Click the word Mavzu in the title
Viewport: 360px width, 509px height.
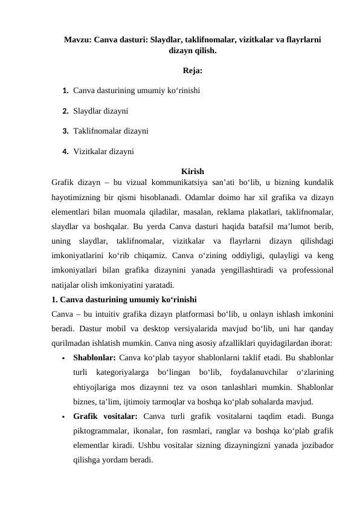coord(78,40)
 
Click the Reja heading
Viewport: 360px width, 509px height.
coord(192,71)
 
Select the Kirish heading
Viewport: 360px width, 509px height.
coord(192,172)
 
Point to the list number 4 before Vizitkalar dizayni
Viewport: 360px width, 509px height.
coord(65,151)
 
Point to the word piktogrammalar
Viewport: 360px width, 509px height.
coord(102,430)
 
